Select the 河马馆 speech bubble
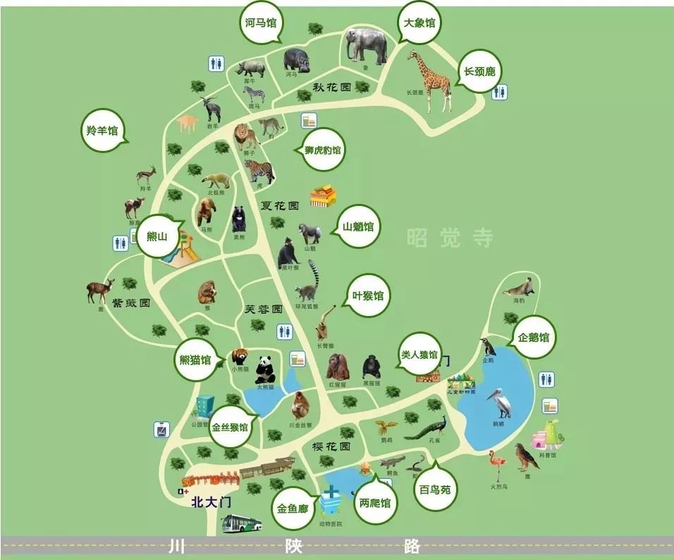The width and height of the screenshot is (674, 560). (260, 23)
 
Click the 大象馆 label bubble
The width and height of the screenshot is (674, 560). (418, 23)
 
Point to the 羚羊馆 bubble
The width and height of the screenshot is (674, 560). (102, 130)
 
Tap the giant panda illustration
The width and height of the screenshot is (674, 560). (265, 369)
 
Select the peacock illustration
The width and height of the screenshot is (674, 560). (428, 428)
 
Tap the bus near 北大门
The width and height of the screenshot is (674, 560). (242, 523)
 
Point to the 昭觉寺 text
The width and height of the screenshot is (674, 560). (450, 238)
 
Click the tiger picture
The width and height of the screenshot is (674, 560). (259, 171)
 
